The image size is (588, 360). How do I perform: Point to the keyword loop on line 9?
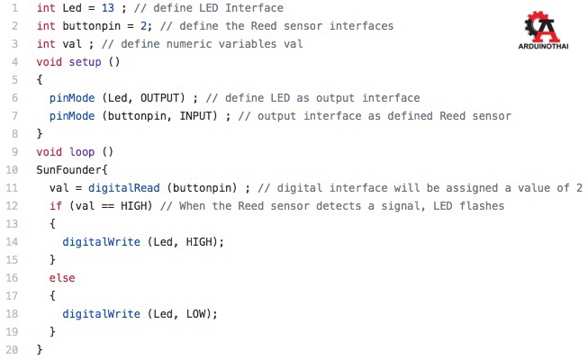(x=82, y=151)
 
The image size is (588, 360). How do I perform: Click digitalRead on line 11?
(x=127, y=187)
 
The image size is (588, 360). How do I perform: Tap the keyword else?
(x=62, y=277)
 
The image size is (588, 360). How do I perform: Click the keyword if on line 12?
(x=56, y=205)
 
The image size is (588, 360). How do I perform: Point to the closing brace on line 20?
(x=40, y=349)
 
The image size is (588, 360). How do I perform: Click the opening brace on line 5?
(x=40, y=79)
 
